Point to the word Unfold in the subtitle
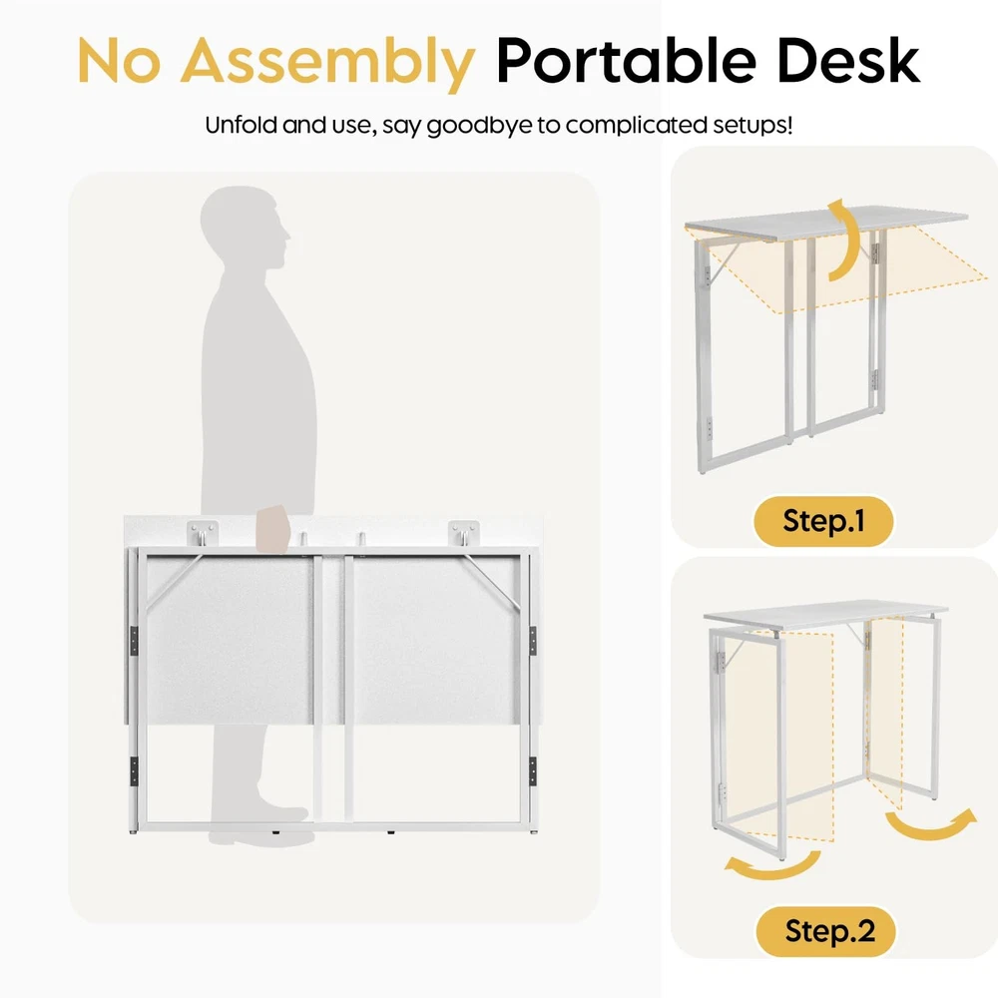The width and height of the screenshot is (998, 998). (242, 125)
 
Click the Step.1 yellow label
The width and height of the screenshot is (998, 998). (823, 521)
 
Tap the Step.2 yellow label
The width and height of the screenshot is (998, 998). (826, 931)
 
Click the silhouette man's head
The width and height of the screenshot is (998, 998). (245, 227)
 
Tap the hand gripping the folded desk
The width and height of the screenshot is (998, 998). (272, 529)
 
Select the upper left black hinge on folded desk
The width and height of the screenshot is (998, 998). (134, 641)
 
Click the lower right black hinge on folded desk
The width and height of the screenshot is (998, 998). (532, 770)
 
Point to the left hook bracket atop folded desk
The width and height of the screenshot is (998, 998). (203, 533)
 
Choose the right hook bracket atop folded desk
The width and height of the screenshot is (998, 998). (463, 533)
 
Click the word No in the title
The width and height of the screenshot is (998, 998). (119, 61)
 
